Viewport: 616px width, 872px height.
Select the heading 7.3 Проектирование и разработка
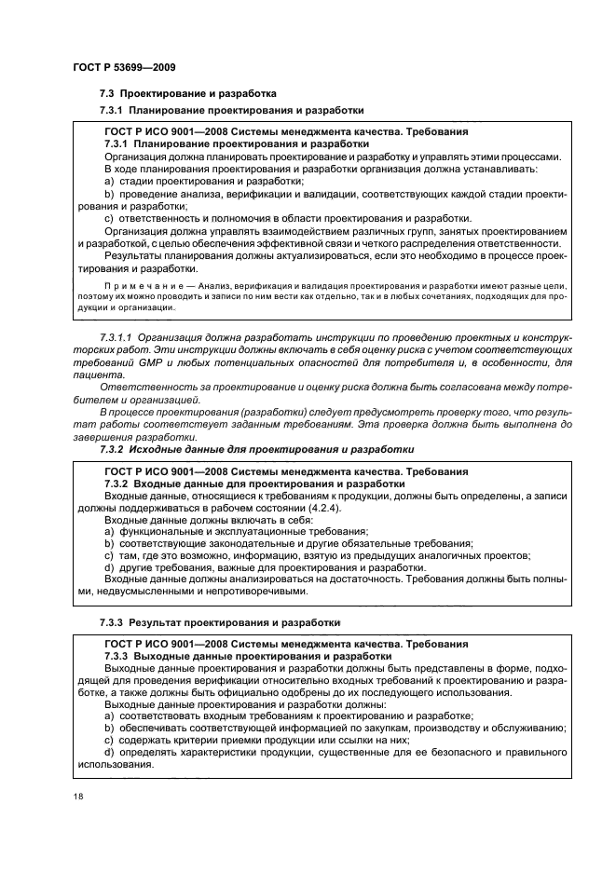[187, 94]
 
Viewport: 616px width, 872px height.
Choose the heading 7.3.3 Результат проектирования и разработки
[220, 620]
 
